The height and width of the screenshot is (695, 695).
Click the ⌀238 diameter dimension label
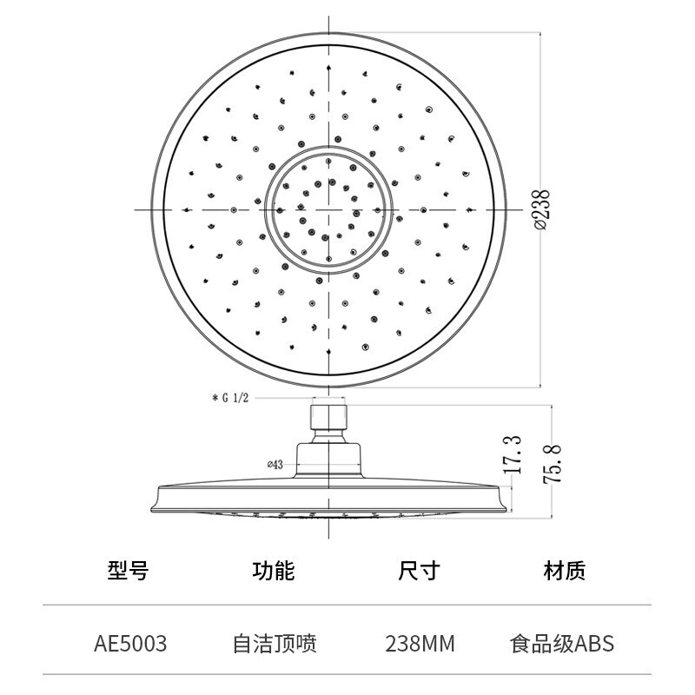tap(540, 209)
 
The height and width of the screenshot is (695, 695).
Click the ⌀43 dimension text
tap(275, 465)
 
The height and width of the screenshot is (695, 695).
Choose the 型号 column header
tap(129, 570)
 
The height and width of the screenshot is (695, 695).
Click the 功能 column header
tap(274, 570)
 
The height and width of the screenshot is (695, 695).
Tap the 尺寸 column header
tap(419, 570)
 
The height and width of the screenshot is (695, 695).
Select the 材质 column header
tap(564, 570)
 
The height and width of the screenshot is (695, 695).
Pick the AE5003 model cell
tap(130, 644)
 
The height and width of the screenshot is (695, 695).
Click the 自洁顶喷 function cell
tap(275, 644)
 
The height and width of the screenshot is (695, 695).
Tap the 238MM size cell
tap(420, 644)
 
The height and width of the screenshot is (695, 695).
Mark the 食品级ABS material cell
tap(562, 644)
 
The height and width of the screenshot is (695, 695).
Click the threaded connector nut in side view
tap(329, 417)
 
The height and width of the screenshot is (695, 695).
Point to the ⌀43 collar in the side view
tap(329, 460)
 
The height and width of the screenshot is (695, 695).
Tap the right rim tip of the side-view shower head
tap(506, 500)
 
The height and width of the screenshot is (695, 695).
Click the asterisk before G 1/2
tap(215, 398)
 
